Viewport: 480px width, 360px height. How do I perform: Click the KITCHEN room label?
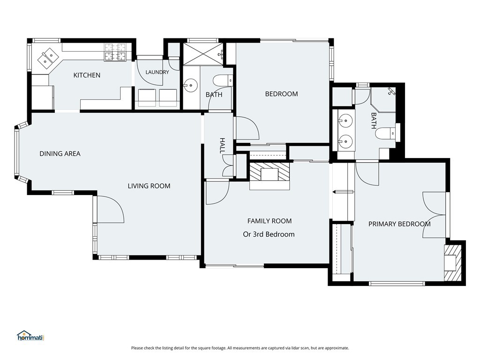(x=87, y=75)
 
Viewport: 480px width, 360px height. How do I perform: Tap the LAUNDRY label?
(x=157, y=72)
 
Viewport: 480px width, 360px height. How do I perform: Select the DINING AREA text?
(x=60, y=154)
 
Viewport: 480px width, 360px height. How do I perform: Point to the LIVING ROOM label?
(x=149, y=186)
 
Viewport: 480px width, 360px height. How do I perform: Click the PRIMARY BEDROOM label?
(x=399, y=224)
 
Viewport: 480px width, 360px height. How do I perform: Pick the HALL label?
(x=222, y=146)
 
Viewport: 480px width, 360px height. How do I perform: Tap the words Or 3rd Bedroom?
(x=269, y=234)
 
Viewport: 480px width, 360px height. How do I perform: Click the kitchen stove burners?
(x=115, y=52)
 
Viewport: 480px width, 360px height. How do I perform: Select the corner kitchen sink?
(x=49, y=57)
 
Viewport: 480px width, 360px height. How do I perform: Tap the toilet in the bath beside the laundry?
(x=223, y=81)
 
